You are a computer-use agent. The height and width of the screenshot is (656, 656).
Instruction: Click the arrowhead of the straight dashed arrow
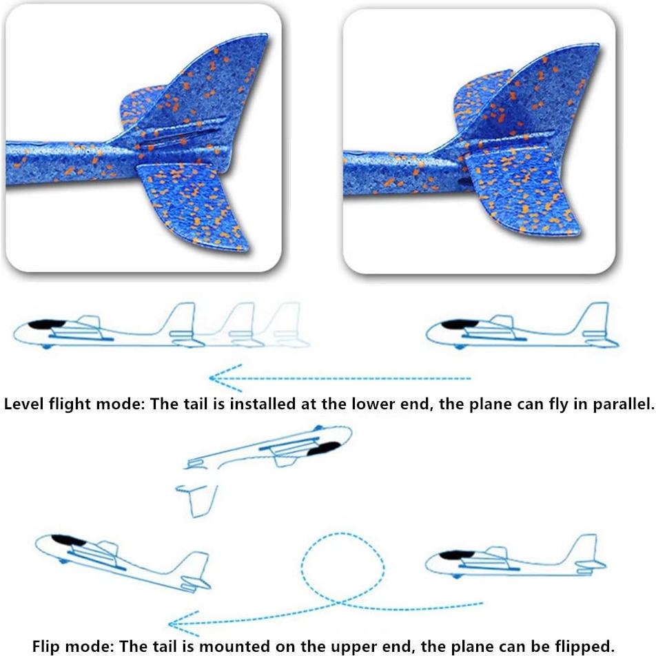[218, 378]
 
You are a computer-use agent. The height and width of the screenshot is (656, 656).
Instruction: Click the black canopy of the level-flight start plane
[42, 324]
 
